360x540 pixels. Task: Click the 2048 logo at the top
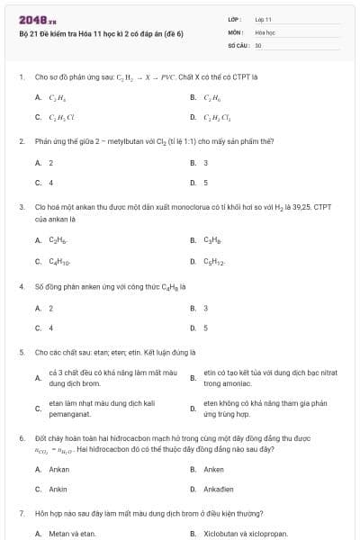(x=36, y=20)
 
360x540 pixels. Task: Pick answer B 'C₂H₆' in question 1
(x=212, y=97)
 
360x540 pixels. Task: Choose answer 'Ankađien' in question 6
(x=221, y=489)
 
